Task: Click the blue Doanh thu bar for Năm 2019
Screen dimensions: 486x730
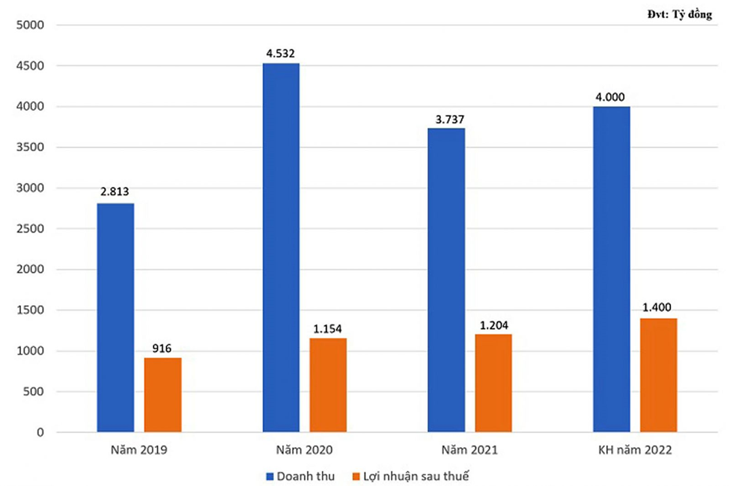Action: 116,318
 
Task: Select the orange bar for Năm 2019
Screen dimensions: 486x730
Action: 162,395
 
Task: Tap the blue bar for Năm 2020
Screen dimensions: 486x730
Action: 281,247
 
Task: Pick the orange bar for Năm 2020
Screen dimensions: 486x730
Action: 328,385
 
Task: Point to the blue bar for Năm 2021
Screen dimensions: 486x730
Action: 446,280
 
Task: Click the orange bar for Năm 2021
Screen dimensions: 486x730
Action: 493,383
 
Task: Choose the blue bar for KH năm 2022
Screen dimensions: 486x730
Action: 612,269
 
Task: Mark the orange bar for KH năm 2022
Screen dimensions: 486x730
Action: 659,375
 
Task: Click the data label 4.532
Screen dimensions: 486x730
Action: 282,53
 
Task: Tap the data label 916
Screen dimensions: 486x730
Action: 162,348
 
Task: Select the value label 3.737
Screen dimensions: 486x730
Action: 446,118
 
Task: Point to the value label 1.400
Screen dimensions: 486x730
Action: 659,308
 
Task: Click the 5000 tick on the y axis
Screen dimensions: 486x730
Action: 30,25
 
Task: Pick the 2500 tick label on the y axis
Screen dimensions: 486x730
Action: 30,229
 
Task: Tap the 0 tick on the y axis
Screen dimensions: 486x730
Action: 39,432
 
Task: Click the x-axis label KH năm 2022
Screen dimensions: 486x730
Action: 635,451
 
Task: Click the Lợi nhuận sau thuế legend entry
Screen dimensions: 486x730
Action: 416,476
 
